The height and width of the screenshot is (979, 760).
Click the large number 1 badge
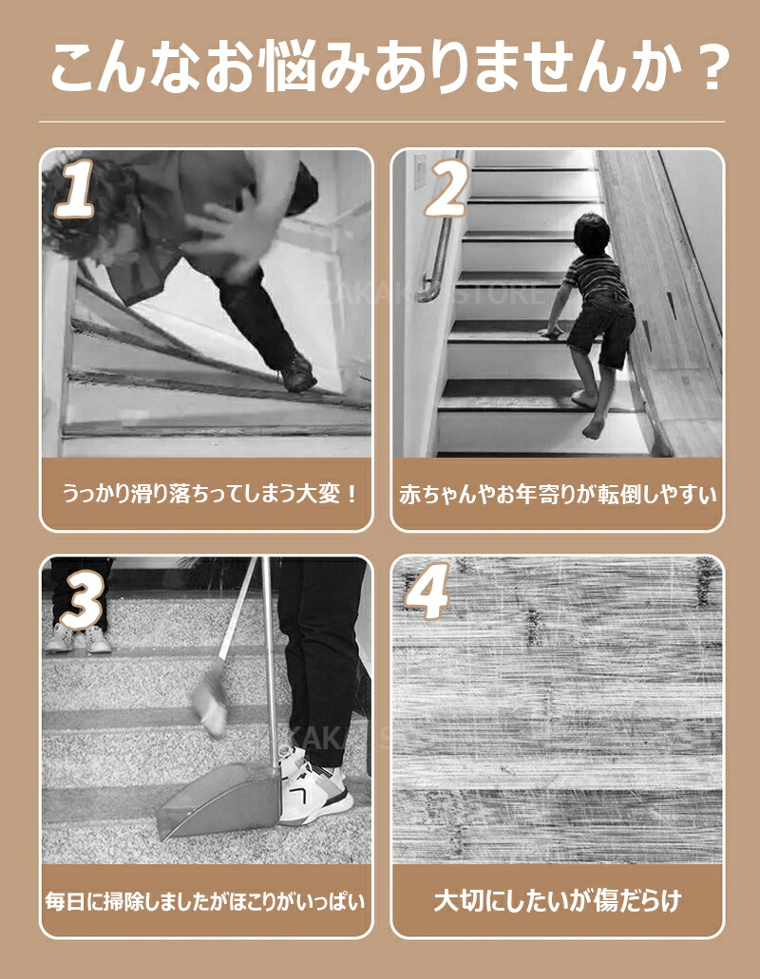76,189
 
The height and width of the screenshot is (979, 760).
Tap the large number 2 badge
446,186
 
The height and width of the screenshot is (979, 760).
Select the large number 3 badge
81,599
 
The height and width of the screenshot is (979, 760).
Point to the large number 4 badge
427,591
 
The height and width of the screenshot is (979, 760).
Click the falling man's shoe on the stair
297,373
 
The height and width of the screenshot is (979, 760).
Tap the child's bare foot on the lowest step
593,428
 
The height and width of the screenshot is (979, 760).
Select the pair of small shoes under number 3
78,638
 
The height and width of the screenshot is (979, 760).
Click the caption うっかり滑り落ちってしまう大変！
209,495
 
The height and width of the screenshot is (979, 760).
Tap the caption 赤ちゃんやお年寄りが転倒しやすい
558,495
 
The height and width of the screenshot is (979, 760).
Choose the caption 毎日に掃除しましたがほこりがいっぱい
206,901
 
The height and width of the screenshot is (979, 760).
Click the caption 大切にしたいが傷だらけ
558,900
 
